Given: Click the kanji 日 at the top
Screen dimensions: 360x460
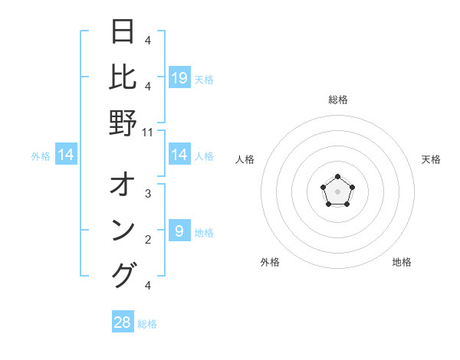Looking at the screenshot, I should tap(123, 32).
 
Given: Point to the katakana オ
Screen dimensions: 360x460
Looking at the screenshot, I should tap(123, 186).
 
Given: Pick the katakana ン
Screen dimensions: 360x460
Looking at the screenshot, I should tap(123, 231).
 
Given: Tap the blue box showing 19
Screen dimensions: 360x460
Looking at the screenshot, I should tap(179, 77).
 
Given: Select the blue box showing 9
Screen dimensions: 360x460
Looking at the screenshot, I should tap(179, 231).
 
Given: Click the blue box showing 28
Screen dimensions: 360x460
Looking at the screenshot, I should tap(123, 322).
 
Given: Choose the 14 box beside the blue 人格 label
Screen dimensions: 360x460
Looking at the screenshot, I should tap(179, 155).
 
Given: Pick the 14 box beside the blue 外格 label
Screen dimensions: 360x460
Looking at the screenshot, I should tap(66, 155).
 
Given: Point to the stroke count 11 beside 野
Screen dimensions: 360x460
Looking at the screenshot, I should tap(148, 132).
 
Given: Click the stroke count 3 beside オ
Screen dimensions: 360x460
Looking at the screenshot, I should tap(148, 194).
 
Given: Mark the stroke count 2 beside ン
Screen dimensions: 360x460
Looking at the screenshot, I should tap(148, 240).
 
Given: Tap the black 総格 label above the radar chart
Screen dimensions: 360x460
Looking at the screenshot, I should tap(338, 100).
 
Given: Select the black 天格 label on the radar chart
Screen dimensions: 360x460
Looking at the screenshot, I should tap(431, 159).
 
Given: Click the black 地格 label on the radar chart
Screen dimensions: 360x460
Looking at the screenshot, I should tap(402, 262).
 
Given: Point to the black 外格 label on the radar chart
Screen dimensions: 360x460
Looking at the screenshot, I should tap(270, 262).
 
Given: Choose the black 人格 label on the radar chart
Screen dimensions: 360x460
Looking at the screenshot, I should tap(245, 159).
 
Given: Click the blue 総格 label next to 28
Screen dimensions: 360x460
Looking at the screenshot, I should tap(147, 324).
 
